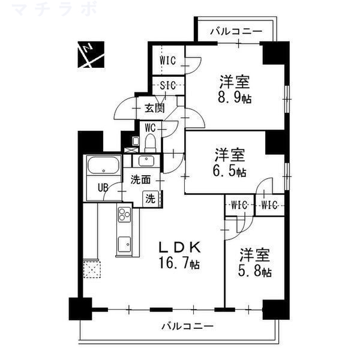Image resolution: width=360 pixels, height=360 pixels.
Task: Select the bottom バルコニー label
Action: click(x=187, y=327)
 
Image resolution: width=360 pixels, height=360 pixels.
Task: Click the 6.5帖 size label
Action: click(x=231, y=172)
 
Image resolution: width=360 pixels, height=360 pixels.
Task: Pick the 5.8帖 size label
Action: click(x=257, y=272)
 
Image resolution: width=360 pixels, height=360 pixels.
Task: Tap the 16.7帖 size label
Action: click(x=180, y=263)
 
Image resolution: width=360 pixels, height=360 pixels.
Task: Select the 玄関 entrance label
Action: click(x=154, y=109)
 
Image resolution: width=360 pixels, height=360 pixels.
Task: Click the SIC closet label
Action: click(x=167, y=86)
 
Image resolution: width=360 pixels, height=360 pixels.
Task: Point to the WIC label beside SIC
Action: click(x=167, y=61)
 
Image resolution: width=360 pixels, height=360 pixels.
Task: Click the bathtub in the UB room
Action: click(x=104, y=167)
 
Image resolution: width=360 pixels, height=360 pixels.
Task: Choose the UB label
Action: click(x=104, y=187)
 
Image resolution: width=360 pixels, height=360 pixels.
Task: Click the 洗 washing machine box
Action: click(x=150, y=199)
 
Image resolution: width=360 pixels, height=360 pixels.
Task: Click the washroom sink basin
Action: click(x=146, y=160)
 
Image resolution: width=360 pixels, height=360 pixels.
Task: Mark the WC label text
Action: click(x=150, y=127)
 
